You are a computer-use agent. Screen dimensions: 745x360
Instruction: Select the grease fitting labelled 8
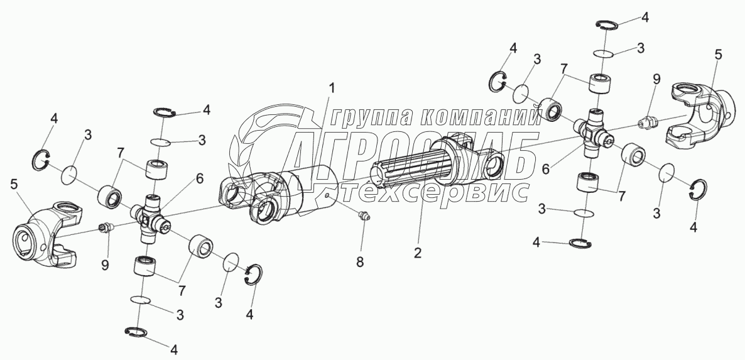point(362,217)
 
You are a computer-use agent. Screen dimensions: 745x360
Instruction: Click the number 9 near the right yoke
point(656,79)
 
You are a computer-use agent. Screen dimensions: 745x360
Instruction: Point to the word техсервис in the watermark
point(445,191)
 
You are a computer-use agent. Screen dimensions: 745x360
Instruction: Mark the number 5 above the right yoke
point(719,55)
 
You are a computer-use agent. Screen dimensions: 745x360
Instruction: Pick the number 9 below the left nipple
point(104,265)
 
